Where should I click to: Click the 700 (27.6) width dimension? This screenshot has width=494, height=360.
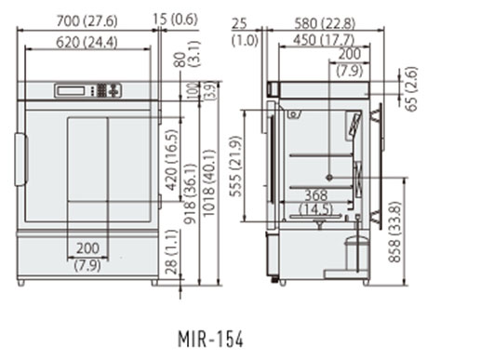click(x=87, y=21)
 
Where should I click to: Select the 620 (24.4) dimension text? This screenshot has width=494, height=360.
click(x=87, y=42)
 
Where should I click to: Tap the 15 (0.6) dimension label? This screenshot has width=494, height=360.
click(x=175, y=20)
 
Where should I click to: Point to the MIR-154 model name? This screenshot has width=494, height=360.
click(x=211, y=339)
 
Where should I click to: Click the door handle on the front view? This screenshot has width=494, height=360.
click(x=21, y=159)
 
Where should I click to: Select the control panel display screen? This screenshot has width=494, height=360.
click(x=71, y=91)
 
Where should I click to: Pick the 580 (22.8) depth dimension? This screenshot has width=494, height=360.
click(x=325, y=23)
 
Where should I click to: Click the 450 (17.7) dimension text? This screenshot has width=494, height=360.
click(x=324, y=40)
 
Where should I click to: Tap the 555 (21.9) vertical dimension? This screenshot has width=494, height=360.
click(x=236, y=166)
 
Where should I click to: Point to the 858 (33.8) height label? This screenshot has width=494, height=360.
click(x=394, y=232)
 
